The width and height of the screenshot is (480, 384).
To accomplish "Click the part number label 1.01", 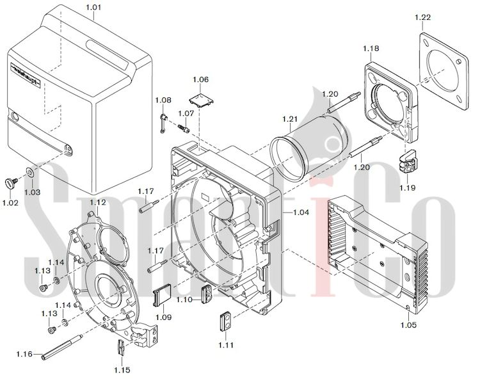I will click(93, 8).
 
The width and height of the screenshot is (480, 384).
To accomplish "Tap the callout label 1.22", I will click(422, 17).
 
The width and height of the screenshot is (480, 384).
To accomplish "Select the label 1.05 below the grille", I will click(408, 324).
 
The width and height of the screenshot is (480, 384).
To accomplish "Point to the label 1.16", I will click(25, 353).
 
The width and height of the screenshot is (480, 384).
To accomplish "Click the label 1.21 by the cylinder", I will click(290, 120).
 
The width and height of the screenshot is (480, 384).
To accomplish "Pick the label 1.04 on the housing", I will click(300, 212).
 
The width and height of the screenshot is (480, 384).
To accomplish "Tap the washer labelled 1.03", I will click(30, 172).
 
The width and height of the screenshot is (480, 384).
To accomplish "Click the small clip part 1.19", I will click(407, 161).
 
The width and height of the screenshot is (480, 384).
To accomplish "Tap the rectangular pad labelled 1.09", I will click(163, 295).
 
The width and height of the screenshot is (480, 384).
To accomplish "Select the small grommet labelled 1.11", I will click(225, 320).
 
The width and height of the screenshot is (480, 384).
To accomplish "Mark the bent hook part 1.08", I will click(163, 120).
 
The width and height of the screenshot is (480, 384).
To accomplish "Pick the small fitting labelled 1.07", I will click(186, 127).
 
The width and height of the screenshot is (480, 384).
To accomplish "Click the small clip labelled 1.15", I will click(122, 349).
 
